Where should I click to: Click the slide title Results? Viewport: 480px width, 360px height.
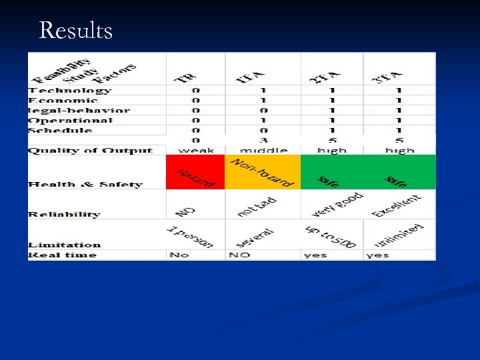pyautogui.click(x=76, y=31)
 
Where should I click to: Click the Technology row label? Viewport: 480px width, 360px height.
pyautogui.click(x=69, y=91)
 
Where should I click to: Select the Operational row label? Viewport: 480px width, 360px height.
pyautogui.click(x=70, y=121)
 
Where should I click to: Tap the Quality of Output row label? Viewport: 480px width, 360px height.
pyautogui.click(x=90, y=151)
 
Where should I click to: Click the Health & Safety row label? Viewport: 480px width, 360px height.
pyautogui.click(x=85, y=185)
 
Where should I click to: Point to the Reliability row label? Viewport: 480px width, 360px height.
pyautogui.click(x=64, y=215)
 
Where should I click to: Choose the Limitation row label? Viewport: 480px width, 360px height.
pyautogui.click(x=65, y=245)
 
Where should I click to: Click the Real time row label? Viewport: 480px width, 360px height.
pyautogui.click(x=62, y=255)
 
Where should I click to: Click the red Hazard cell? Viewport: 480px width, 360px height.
pyautogui.click(x=195, y=173)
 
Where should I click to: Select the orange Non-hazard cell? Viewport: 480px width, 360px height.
pyautogui.click(x=263, y=173)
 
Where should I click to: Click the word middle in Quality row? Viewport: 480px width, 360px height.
pyautogui.click(x=262, y=151)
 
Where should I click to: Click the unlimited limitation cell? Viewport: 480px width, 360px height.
pyautogui.click(x=399, y=236)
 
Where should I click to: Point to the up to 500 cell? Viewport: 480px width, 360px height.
pyautogui.click(x=332, y=235)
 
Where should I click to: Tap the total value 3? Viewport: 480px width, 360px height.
pyautogui.click(x=262, y=141)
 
